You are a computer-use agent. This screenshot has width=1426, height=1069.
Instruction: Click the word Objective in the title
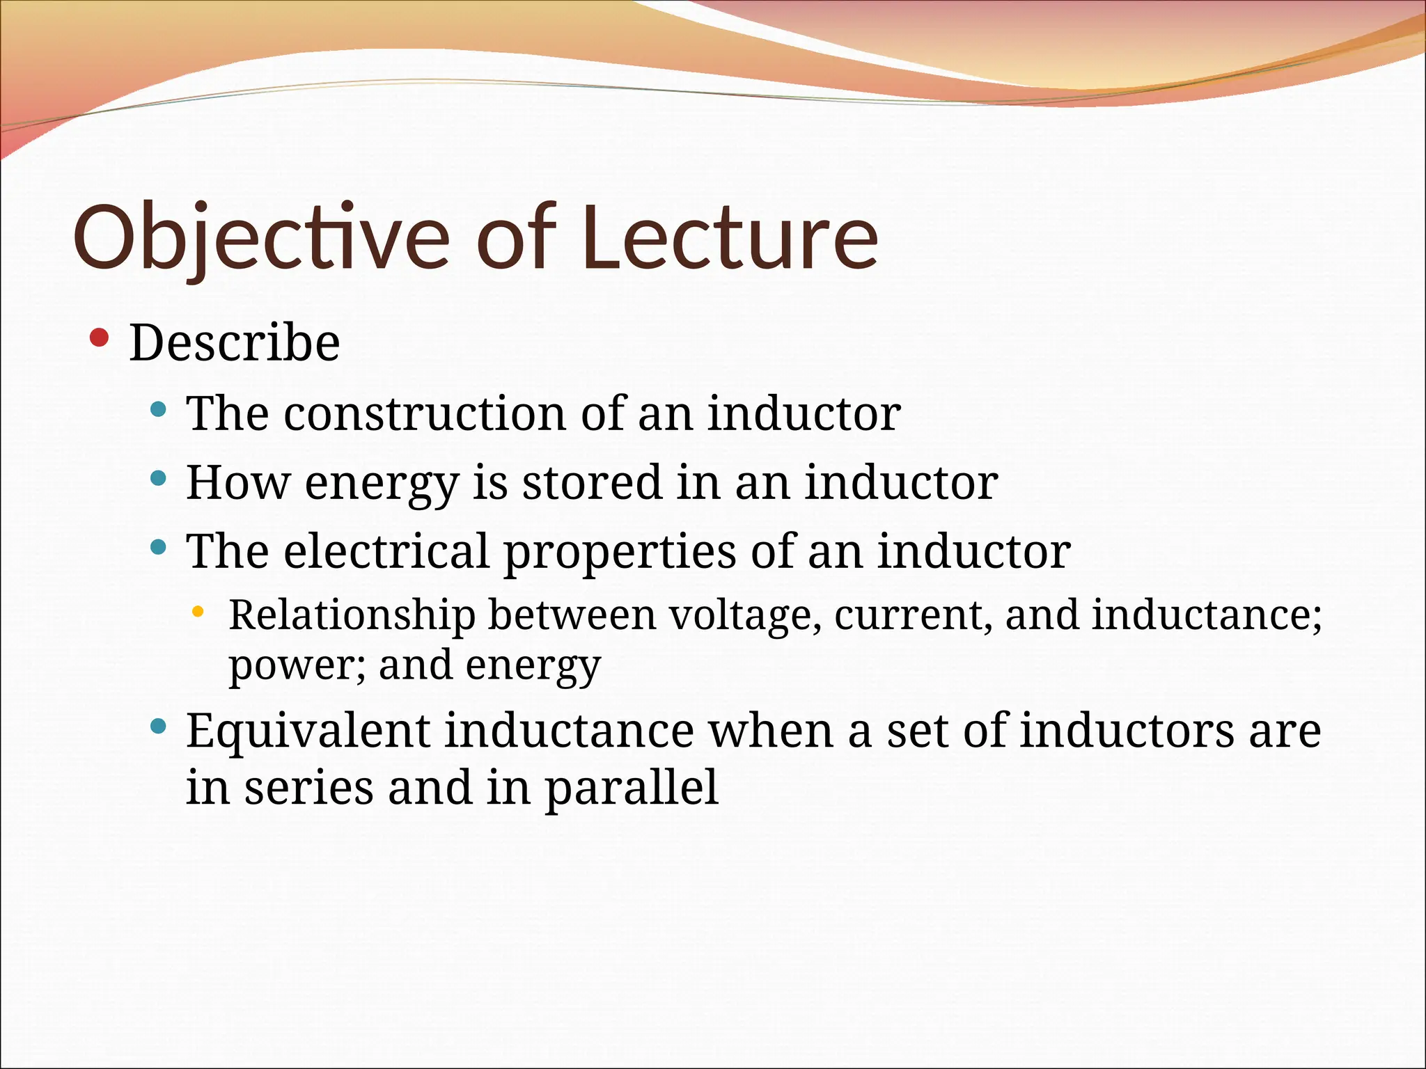pyautogui.click(x=261, y=237)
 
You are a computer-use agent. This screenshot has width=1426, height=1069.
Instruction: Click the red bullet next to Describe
pyautogui.click(x=100, y=338)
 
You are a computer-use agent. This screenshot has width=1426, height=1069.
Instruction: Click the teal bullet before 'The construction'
pyautogui.click(x=159, y=409)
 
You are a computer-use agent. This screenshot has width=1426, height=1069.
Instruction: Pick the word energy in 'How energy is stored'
pyautogui.click(x=381, y=483)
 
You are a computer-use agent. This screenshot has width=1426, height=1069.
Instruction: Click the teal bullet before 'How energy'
pyautogui.click(x=159, y=478)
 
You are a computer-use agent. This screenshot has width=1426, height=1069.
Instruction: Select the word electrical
pyautogui.click(x=386, y=551)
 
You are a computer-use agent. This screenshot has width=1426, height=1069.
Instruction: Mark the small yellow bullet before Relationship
pyautogui.click(x=198, y=612)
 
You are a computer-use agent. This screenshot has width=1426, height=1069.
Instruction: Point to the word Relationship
pyautogui.click(x=352, y=615)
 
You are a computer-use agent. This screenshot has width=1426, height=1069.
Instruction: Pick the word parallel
pyautogui.click(x=631, y=789)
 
